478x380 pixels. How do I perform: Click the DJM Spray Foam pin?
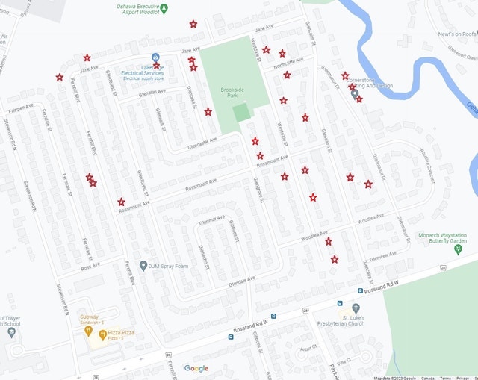pyautogui.click(x=142, y=266)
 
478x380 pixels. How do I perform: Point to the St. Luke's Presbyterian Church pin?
pyautogui.click(x=356, y=308)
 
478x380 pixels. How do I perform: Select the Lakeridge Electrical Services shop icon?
pyautogui.click(x=155, y=58)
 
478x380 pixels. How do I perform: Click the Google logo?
pyautogui.click(x=196, y=368)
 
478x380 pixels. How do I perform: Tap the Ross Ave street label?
pyautogui.click(x=90, y=266)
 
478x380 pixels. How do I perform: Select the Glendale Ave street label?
pyautogui.click(x=242, y=282)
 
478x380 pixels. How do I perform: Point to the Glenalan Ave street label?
pyautogui.click(x=152, y=93)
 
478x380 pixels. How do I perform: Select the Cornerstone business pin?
pyautogui.click(x=354, y=95)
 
